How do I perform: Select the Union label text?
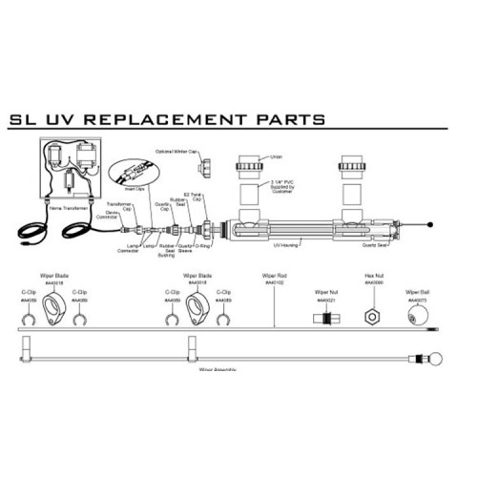coord(277,158)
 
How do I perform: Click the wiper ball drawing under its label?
coord(417,314)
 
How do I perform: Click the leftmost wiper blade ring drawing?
coord(54,308)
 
